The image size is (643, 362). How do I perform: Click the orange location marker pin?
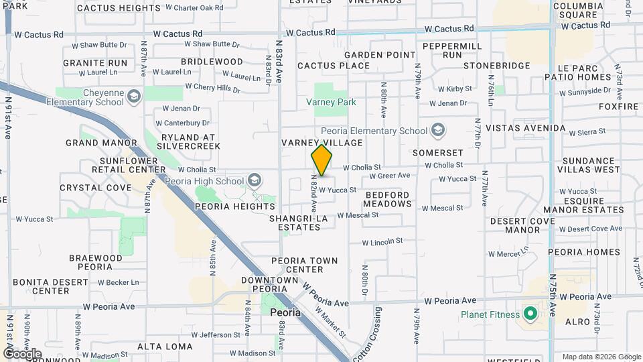coord(321,160)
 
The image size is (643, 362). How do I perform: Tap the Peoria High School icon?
coord(254,180)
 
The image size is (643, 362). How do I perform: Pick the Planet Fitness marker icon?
coord(530,314)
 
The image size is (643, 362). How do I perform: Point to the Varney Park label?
coord(331,102)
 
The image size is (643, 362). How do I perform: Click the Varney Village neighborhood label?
coord(321,143)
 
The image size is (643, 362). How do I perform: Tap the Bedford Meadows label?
coord(387,199)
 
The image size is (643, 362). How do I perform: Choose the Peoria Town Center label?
coord(305,265)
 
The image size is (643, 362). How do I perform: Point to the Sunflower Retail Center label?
coord(133,165)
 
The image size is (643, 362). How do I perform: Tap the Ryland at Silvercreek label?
coord(189,141)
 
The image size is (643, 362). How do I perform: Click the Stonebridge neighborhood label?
coord(496,66)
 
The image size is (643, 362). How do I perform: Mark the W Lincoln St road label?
coord(382,241)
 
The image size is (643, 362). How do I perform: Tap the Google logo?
coord(23,354)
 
